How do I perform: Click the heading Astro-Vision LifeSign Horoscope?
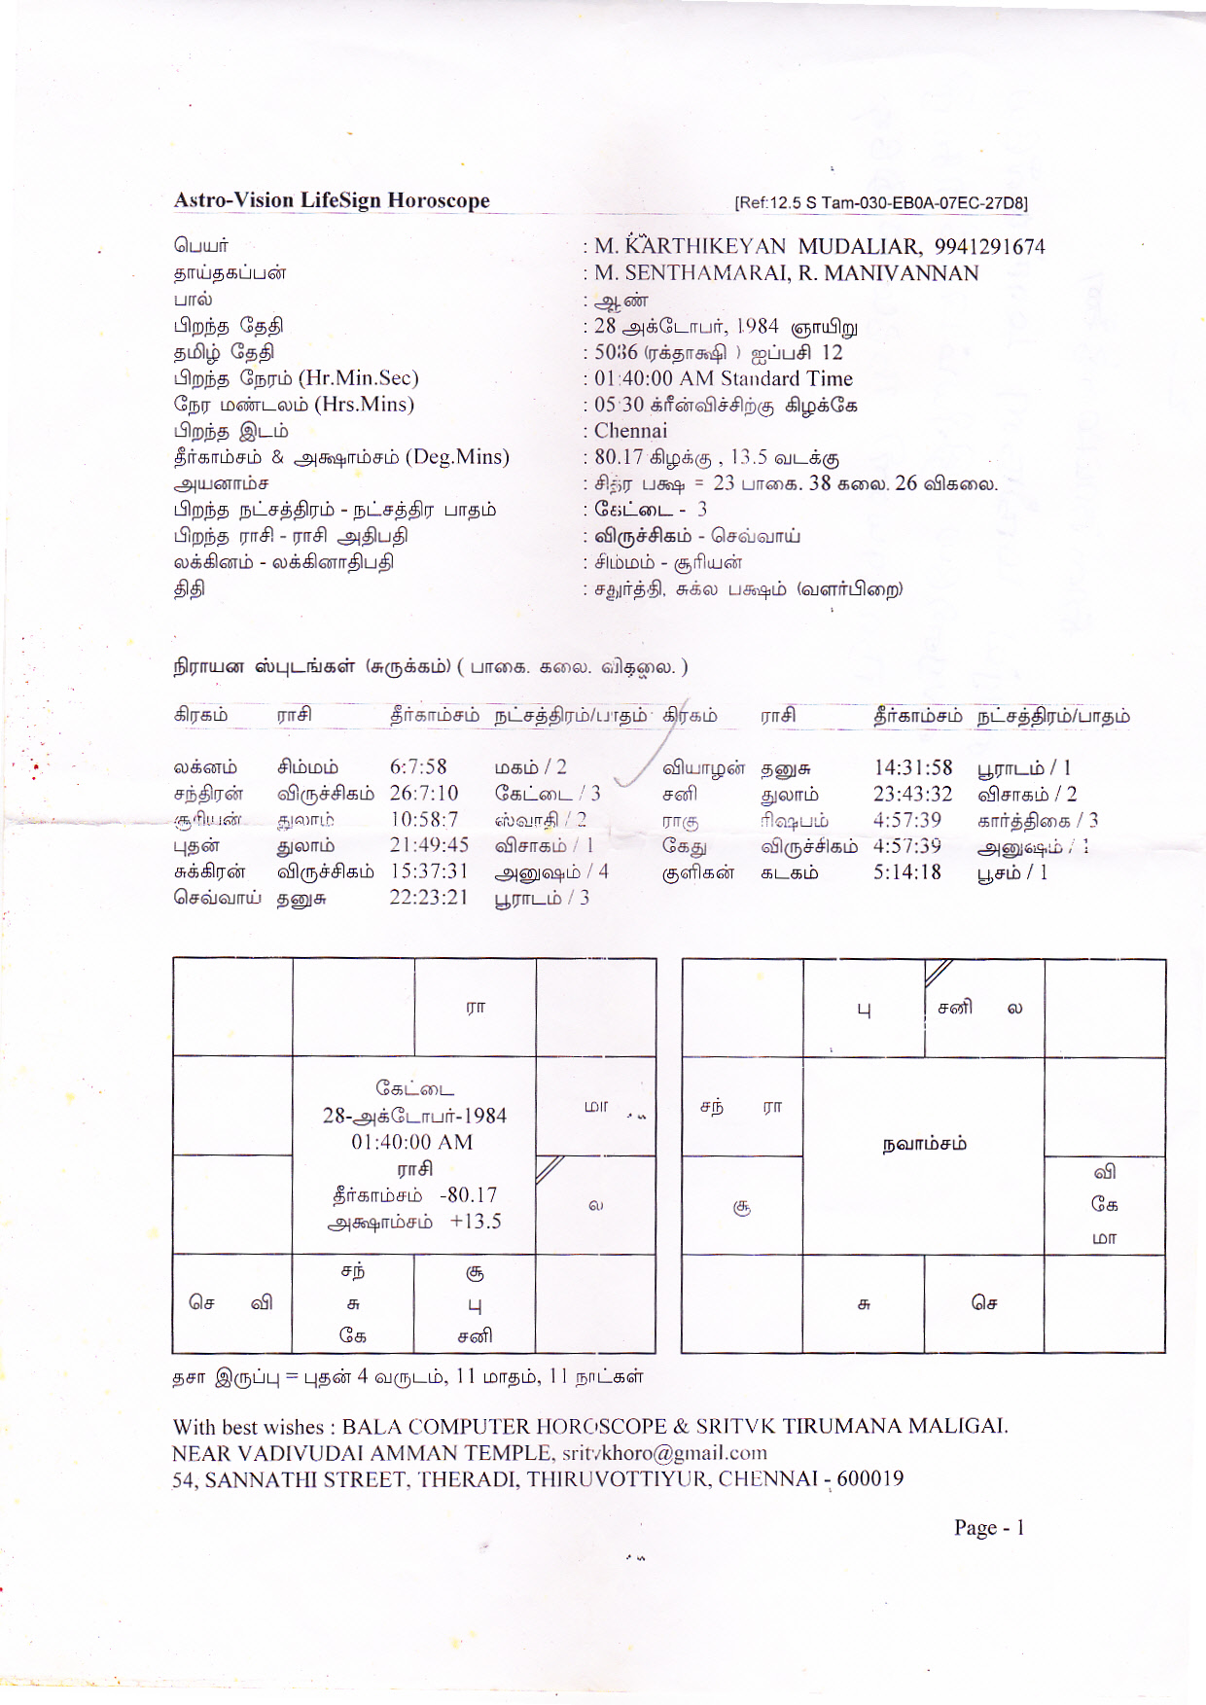click(x=332, y=200)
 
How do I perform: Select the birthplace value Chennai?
click(x=631, y=431)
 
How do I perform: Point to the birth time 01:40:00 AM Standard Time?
click(x=724, y=378)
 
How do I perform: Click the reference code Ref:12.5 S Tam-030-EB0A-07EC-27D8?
click(x=881, y=202)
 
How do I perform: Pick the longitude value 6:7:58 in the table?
click(x=418, y=767)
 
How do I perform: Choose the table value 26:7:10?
click(x=424, y=794)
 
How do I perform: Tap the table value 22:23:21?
click(x=429, y=898)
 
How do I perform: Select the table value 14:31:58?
click(x=912, y=767)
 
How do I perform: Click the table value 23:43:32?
click(x=912, y=794)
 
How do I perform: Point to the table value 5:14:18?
click(x=906, y=872)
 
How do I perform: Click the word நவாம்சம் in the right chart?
click(x=924, y=1144)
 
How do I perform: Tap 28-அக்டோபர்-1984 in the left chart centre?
click(x=414, y=1116)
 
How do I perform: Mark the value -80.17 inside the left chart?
click(x=468, y=1195)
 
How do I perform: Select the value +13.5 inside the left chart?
click(x=476, y=1222)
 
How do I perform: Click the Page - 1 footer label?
click(x=989, y=1527)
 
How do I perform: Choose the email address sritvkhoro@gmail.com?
click(x=664, y=1453)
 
